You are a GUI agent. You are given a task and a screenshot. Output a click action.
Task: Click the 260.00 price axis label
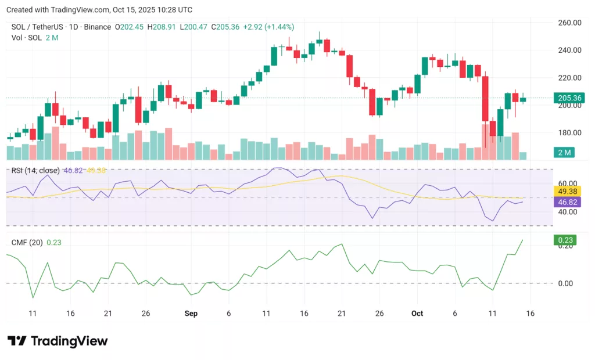(x=569, y=23)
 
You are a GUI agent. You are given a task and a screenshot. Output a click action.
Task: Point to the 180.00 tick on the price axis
(x=569, y=132)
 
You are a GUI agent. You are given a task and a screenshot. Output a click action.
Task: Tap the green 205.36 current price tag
(x=569, y=98)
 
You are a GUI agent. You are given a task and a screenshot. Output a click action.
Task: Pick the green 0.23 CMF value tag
(x=565, y=240)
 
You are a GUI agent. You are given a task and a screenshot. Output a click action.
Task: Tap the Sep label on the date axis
(x=191, y=314)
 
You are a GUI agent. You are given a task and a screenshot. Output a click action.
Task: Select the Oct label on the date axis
(x=417, y=314)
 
